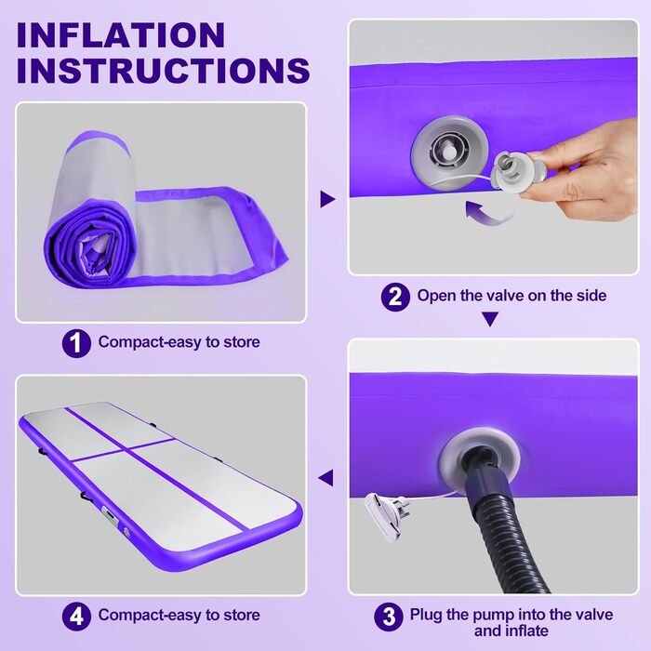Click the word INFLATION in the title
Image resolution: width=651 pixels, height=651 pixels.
click(x=121, y=35)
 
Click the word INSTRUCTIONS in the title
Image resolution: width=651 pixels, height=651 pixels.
click(x=163, y=70)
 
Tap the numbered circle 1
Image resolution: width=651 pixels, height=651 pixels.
click(x=76, y=343)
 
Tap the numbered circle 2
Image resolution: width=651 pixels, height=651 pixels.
click(x=395, y=297)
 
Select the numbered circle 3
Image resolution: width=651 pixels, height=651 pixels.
click(x=388, y=617)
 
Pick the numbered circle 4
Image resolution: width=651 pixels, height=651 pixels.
click(x=76, y=616)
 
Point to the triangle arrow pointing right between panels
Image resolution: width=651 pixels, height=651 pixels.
click(x=327, y=199)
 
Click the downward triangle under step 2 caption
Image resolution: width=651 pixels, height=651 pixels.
click(x=490, y=319)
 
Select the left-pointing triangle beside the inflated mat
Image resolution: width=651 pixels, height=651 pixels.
click(x=325, y=477)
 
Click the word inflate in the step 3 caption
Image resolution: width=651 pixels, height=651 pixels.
click(x=526, y=631)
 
